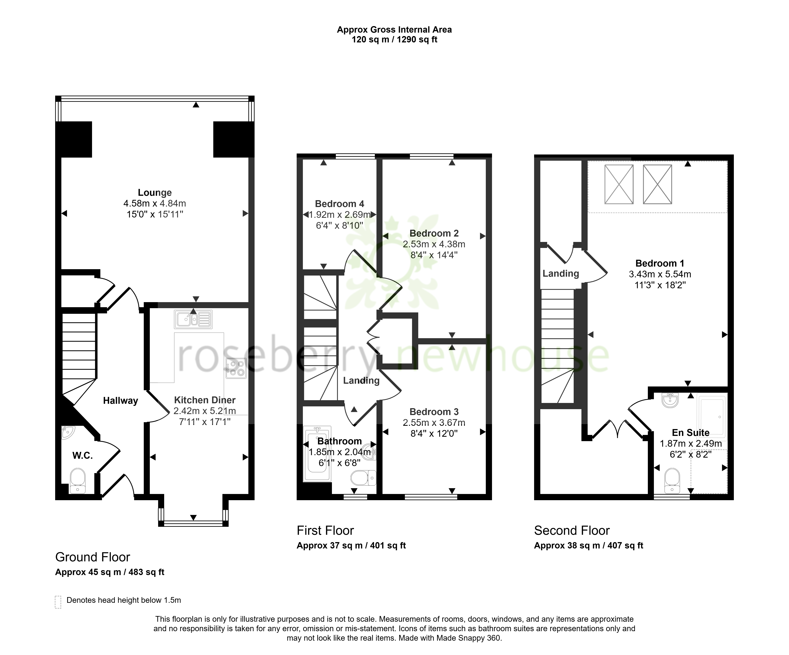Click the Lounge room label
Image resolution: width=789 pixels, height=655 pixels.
(x=155, y=193)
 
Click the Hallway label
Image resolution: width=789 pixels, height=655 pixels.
(x=121, y=401)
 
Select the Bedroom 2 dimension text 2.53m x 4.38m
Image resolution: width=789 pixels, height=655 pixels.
(x=434, y=244)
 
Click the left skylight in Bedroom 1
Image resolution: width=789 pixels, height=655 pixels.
(x=619, y=184)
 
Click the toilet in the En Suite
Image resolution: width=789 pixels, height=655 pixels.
(x=672, y=481)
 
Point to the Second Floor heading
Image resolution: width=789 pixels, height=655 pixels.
(x=572, y=530)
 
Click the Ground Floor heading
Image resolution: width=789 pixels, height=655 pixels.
(x=93, y=557)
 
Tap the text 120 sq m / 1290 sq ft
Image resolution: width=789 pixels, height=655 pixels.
(x=395, y=39)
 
